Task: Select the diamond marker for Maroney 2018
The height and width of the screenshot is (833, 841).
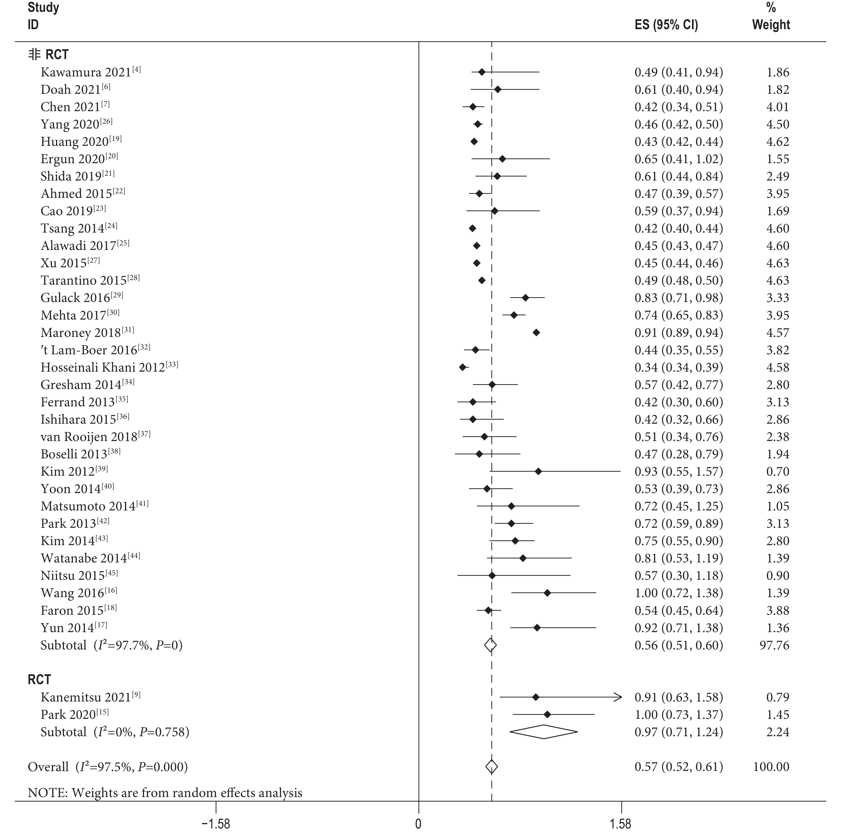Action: (536, 333)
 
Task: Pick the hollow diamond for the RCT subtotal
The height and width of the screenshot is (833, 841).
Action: (544, 732)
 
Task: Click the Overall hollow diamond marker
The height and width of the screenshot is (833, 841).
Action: (491, 767)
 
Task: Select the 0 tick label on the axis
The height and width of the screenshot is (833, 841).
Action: (418, 824)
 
